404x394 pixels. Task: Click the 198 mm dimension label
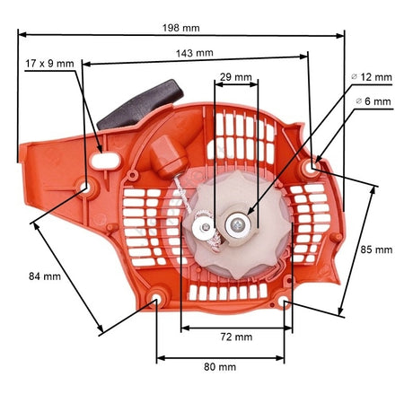click(180, 28)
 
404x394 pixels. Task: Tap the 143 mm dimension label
click(195, 53)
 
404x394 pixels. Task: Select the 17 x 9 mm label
click(49, 64)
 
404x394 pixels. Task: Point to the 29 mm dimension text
click(235, 77)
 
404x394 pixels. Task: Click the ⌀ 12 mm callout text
click(372, 77)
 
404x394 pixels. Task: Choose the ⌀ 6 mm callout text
click(373, 101)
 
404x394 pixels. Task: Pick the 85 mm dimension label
click(376, 250)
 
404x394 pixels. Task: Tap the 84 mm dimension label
click(45, 276)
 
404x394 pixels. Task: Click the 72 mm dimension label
click(236, 337)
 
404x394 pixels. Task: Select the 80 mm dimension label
click(220, 367)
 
